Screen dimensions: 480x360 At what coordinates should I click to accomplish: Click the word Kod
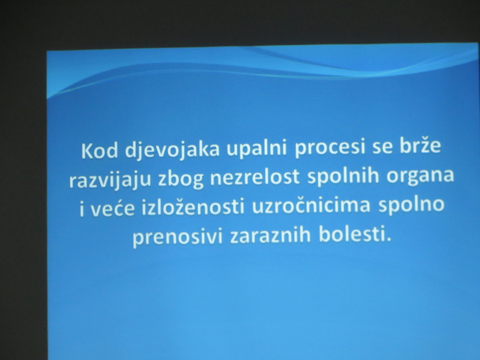(99, 150)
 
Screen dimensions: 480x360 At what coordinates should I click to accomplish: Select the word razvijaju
(110, 180)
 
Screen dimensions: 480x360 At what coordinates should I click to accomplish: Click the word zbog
(180, 179)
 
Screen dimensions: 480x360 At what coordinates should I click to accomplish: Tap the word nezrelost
(255, 177)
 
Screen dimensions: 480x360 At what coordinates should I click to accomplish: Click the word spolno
(411, 205)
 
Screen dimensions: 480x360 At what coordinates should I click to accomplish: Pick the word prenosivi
(178, 237)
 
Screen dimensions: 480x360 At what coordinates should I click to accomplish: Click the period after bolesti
(389, 240)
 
